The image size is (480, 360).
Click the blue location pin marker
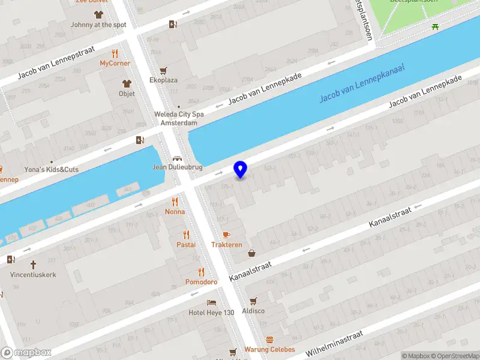click(x=241, y=170)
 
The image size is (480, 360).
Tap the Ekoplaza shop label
click(x=163, y=80)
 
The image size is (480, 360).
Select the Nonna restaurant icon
click(x=175, y=202)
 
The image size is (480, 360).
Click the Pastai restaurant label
click(x=186, y=245)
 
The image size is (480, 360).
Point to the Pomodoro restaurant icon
click(x=201, y=272)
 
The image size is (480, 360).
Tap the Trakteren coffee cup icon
click(x=226, y=235)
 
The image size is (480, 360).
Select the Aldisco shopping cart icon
click(x=253, y=301)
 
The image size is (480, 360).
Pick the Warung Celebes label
click(x=269, y=349)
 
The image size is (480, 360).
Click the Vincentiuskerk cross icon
click(x=33, y=264)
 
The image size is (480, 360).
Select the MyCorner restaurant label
click(x=115, y=63)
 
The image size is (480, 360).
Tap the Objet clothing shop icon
click(x=127, y=83)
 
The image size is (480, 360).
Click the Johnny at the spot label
click(x=98, y=25)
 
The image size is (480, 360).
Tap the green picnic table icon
click(x=435, y=26)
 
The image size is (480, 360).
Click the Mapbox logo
click(x=26, y=353)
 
